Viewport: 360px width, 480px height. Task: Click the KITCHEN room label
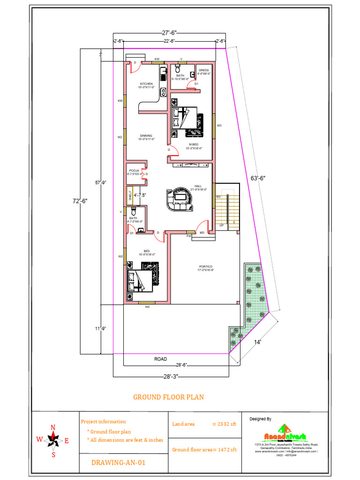(146, 84)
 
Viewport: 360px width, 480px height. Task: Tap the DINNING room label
(146, 136)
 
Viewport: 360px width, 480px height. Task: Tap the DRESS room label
(204, 71)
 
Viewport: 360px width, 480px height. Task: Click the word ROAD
(161, 359)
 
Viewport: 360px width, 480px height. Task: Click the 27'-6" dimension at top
(169, 33)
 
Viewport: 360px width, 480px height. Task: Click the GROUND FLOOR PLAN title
(169, 397)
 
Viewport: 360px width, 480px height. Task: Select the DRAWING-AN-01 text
(118, 463)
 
